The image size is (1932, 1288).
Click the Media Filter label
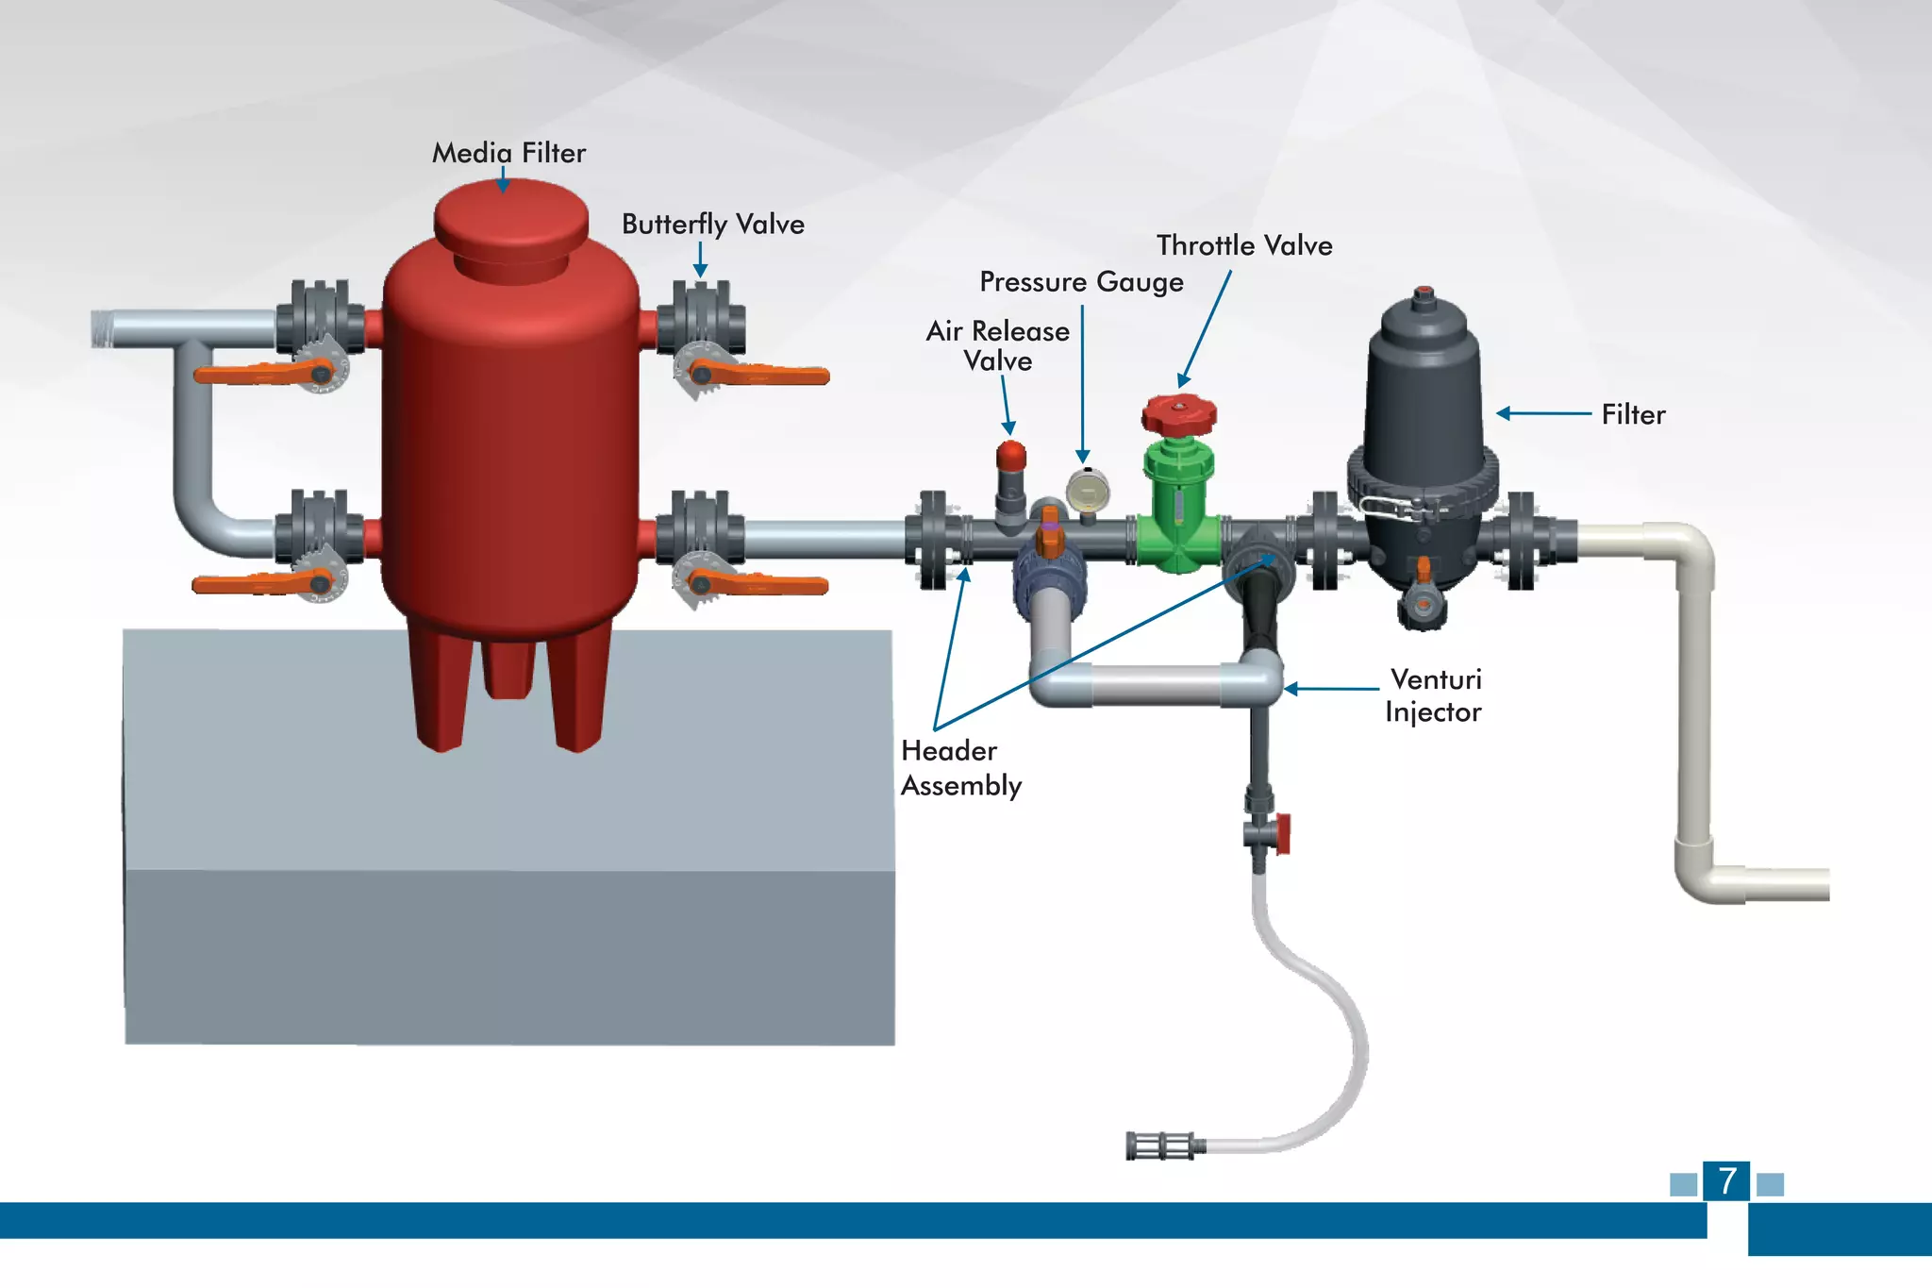pyautogui.click(x=508, y=153)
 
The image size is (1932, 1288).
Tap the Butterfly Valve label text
pyautogui.click(x=712, y=225)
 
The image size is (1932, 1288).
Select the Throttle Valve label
pyautogui.click(x=1243, y=245)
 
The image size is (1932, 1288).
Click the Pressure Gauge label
pyautogui.click(x=1081, y=282)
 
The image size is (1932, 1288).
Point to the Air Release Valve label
pyautogui.click(x=997, y=345)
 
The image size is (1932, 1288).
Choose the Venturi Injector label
pyautogui.click(x=1433, y=695)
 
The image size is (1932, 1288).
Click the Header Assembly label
pyautogui.click(x=960, y=768)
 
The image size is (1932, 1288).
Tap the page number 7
pyautogui.click(x=1726, y=1181)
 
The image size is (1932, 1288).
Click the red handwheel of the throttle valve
pyautogui.click(x=1178, y=414)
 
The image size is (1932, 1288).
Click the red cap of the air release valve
pyautogui.click(x=1010, y=456)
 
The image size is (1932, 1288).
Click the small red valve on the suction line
pyautogui.click(x=1281, y=834)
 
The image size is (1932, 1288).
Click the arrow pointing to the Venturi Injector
pyautogui.click(x=1330, y=689)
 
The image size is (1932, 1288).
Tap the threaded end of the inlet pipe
pyautogui.click(x=101, y=329)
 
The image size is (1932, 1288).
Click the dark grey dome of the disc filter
pyautogui.click(x=1424, y=377)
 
